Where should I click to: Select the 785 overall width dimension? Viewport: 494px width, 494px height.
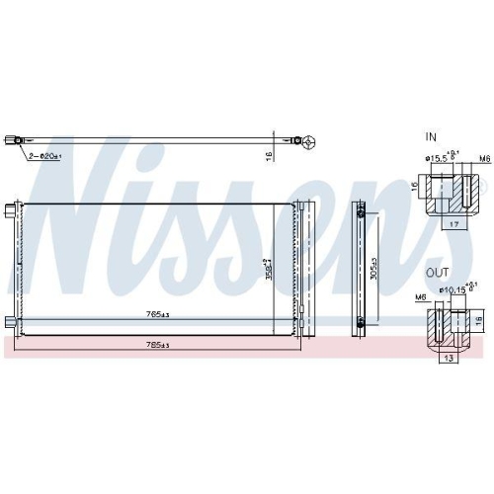[156, 345]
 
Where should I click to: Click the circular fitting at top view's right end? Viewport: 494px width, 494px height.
[308, 142]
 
